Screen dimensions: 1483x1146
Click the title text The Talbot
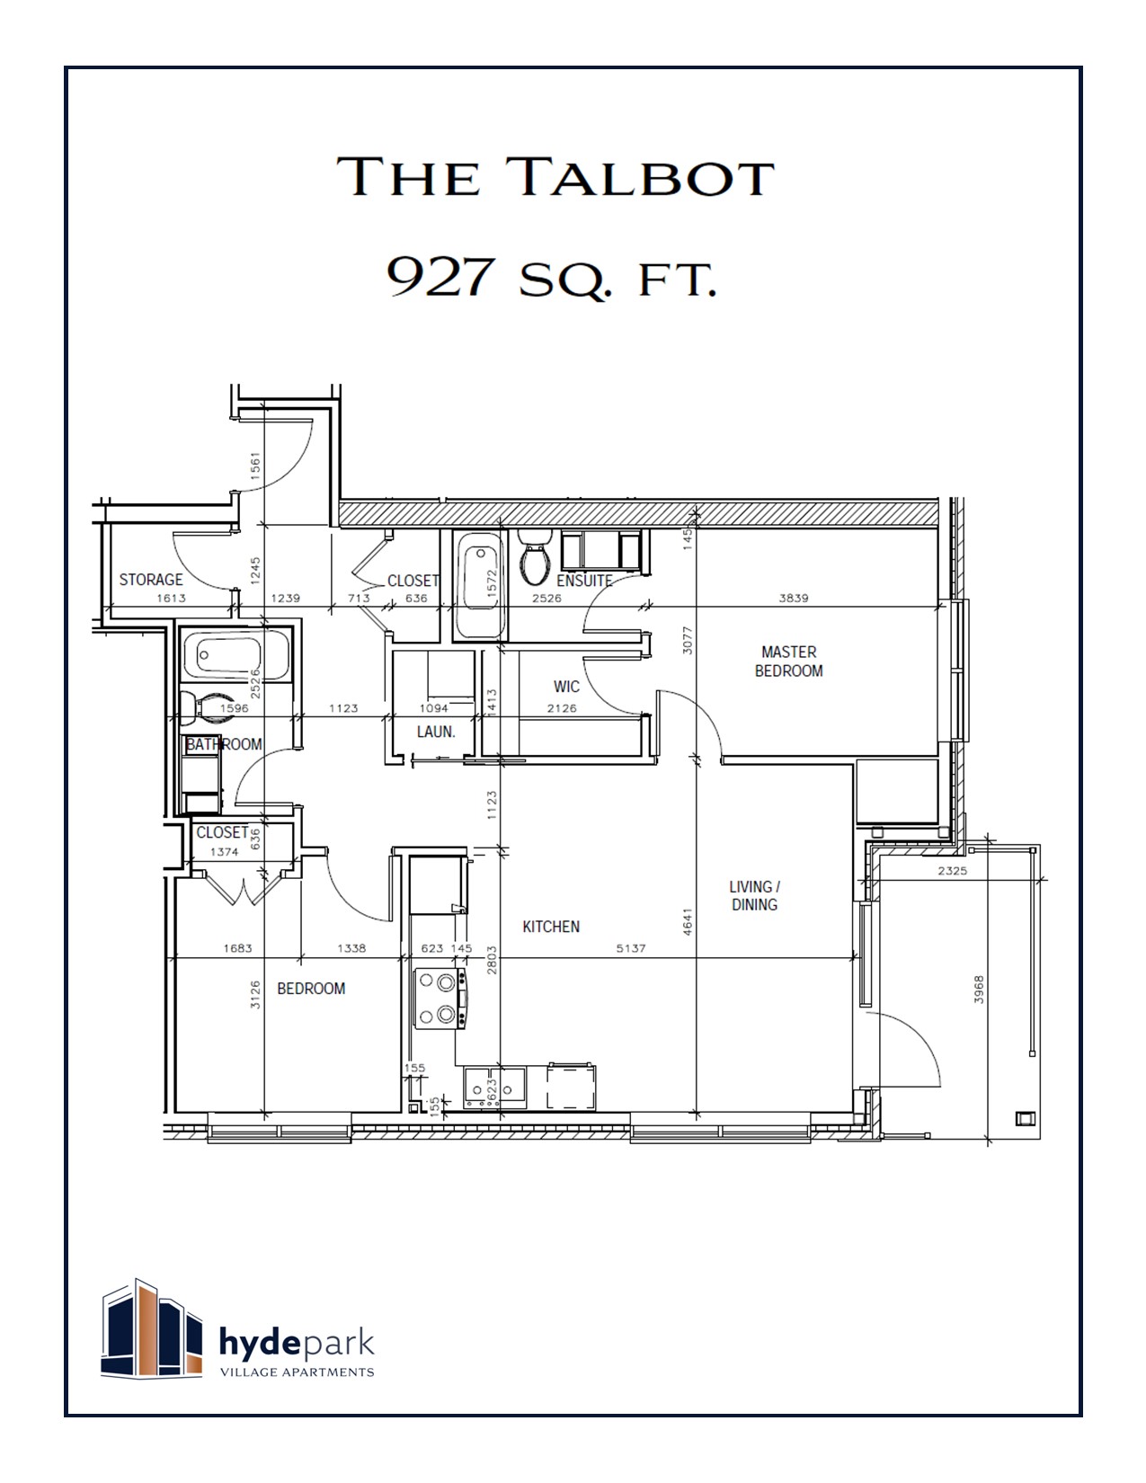[555, 176]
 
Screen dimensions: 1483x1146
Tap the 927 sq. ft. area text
[552, 278]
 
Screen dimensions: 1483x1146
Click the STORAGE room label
[151, 580]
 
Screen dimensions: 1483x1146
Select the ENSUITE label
[584, 581]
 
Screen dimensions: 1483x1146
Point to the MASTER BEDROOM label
[788, 662]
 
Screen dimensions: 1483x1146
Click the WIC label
[566, 687]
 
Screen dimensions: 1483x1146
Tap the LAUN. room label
[436, 732]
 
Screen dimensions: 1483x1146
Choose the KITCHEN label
[551, 927]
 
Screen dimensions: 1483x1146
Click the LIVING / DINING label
[754, 895]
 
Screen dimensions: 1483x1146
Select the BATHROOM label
[224, 744]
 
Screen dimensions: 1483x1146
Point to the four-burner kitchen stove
[440, 999]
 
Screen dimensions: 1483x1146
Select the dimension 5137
[631, 948]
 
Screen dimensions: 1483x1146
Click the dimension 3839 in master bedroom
[794, 598]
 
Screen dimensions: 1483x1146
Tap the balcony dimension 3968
[979, 990]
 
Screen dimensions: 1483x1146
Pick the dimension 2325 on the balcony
[952, 871]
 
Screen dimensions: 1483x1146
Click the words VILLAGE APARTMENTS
[298, 1372]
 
